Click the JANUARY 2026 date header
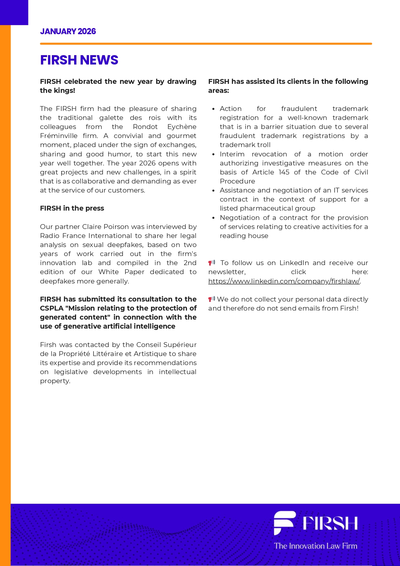coord(68,31)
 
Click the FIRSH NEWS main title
coord(79,60)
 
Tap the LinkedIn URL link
coord(284,281)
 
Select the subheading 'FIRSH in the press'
coord(72,208)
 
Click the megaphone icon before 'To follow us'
coord(211,263)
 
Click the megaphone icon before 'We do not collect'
coord(211,299)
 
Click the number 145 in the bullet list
coord(284,172)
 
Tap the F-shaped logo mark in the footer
coord(284,523)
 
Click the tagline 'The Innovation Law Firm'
coord(316,546)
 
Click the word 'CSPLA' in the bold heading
coord(51,308)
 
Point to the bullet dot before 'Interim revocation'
coord(213,154)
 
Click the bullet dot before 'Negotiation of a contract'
coord(213,218)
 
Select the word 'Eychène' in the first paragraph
coord(182,127)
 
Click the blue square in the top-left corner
coord(14,12)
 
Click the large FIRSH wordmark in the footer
coord(330,523)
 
